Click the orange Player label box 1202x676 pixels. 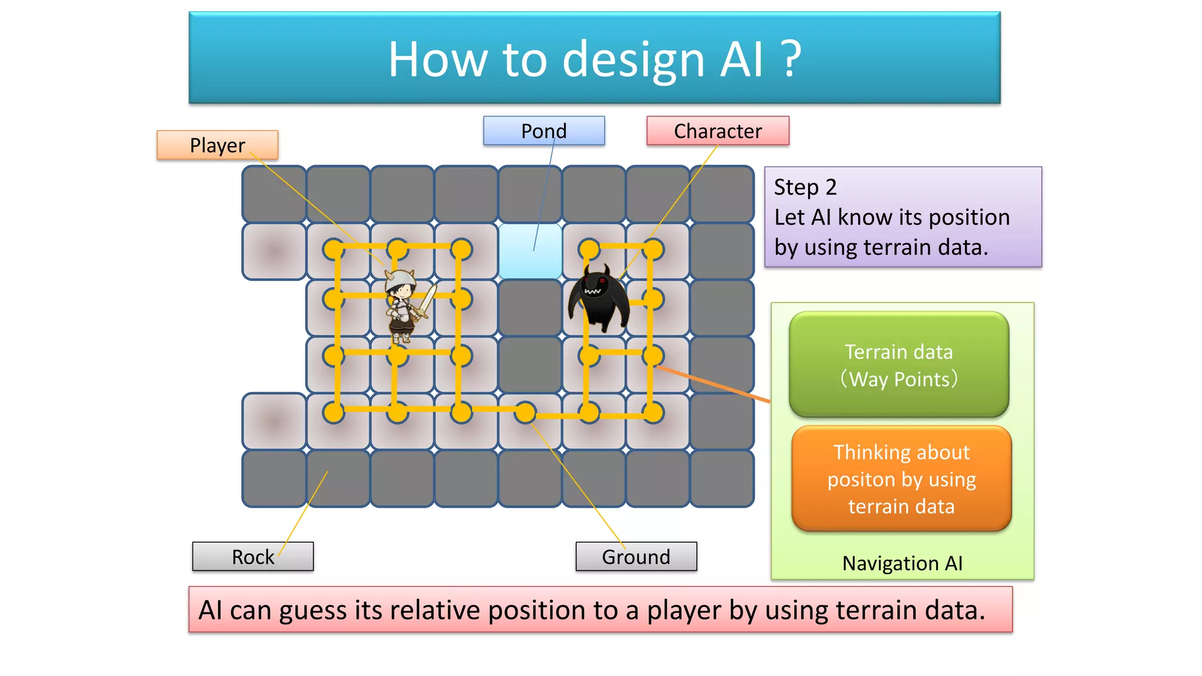[x=217, y=145]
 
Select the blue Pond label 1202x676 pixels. [x=543, y=131]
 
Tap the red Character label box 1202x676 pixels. [x=717, y=131]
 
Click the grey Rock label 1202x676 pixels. [x=252, y=556]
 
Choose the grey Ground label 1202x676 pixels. [x=636, y=556]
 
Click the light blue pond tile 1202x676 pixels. [x=529, y=251]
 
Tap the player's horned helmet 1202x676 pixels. [x=400, y=278]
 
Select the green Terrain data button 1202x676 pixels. [x=899, y=364]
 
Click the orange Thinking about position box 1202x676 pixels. [x=901, y=479]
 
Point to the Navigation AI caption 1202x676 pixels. [x=902, y=563]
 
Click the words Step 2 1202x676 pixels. [x=805, y=187]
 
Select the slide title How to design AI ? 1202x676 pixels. [x=595, y=59]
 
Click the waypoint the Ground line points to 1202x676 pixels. [x=525, y=413]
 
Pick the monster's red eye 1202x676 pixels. [x=602, y=281]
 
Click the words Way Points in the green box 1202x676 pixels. [x=899, y=379]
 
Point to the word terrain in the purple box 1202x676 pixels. [x=898, y=247]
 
